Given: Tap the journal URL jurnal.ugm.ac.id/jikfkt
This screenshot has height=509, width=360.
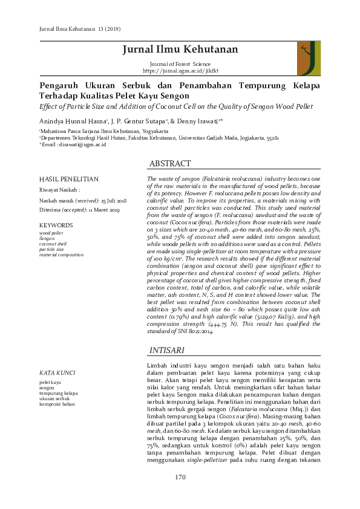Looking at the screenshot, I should coord(180,71).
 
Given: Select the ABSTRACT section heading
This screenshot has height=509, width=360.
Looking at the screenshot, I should coord(170,164).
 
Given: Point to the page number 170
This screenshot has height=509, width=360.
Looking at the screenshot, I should coord(180,478).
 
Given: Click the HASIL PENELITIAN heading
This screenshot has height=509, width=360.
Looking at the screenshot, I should coord(68,180).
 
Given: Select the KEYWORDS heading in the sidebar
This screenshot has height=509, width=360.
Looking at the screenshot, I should coord(56,225).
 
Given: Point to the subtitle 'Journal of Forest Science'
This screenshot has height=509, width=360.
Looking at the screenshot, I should coord(180,64).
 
